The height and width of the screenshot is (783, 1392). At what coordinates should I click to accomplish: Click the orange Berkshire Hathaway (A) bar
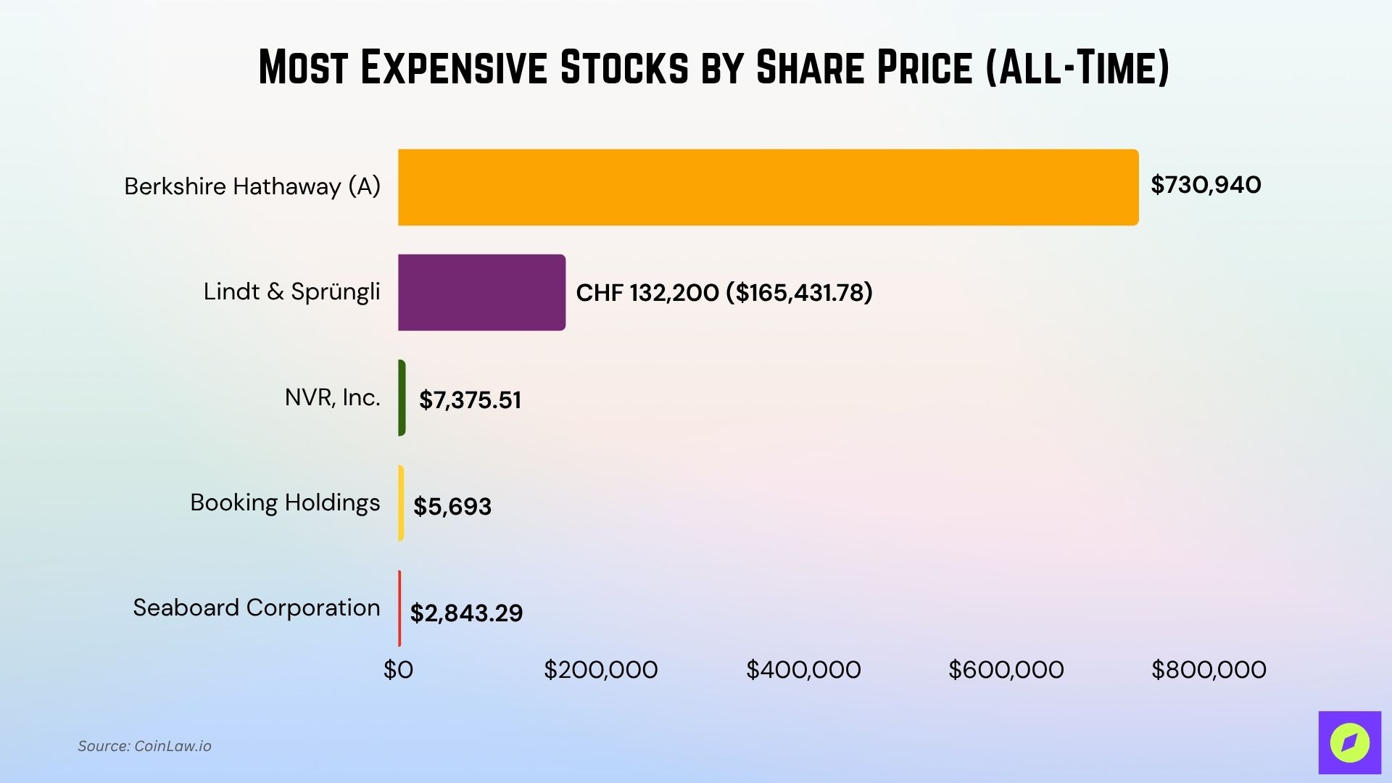[x=768, y=187]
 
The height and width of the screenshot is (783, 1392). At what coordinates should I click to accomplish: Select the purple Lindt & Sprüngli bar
[x=481, y=292]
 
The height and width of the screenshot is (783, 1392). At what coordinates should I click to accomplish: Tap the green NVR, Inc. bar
[x=402, y=397]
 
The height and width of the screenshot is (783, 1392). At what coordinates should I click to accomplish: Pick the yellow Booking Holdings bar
[x=401, y=502]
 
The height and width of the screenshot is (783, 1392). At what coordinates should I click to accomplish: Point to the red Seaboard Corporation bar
[x=399, y=608]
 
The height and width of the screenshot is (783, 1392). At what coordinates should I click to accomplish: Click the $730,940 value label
[x=1206, y=185]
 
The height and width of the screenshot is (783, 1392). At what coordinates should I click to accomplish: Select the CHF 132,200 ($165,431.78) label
[x=724, y=293]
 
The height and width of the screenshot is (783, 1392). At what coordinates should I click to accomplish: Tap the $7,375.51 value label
[x=470, y=400]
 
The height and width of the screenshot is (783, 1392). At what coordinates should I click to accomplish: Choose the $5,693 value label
[x=452, y=506]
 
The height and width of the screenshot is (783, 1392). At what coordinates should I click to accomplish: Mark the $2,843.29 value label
[x=466, y=613]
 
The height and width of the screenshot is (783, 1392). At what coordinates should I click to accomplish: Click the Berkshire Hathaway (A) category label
[x=252, y=186]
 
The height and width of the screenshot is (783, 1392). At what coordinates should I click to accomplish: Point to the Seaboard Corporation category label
[x=256, y=608]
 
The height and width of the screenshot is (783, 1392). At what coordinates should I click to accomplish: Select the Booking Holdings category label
[x=285, y=502]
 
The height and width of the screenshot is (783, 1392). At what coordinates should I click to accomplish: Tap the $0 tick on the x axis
[x=398, y=670]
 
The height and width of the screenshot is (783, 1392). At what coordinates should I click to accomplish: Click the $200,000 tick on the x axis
[x=601, y=670]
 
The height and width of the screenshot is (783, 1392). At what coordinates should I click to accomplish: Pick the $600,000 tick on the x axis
[x=1006, y=670]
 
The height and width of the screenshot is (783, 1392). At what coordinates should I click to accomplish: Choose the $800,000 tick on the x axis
[x=1209, y=670]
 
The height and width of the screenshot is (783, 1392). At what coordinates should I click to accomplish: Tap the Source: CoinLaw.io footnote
[x=144, y=746]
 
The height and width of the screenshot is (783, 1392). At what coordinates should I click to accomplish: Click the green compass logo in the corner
[x=1349, y=742]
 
